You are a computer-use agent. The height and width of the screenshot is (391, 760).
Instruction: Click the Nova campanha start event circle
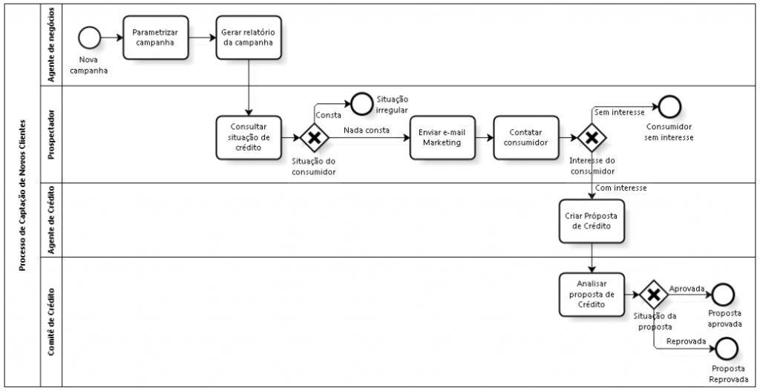tap(89, 38)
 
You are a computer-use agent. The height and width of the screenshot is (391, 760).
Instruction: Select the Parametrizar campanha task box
tap(156, 38)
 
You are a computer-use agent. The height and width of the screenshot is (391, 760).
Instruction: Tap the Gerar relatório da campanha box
tap(249, 38)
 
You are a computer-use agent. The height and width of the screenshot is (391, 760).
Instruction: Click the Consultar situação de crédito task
tap(249, 137)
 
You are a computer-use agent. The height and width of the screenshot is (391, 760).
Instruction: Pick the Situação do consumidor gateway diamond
tap(315, 137)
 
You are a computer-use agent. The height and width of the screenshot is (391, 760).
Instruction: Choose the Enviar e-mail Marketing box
tap(442, 137)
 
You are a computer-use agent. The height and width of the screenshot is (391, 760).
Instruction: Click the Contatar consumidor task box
tap(526, 137)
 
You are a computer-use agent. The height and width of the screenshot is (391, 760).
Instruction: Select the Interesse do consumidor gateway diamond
tap(592, 137)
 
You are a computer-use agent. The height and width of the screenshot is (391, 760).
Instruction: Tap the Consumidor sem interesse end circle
tap(670, 107)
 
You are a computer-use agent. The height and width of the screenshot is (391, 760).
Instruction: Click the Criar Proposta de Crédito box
tap(592, 221)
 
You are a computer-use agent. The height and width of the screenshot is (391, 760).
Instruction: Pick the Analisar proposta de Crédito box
tap(592, 295)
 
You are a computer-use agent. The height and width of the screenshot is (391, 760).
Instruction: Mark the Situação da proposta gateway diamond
tap(654, 295)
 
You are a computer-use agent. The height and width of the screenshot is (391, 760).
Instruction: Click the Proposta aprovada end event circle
tap(723, 295)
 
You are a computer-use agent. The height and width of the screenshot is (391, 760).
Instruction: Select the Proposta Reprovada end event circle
tap(727, 349)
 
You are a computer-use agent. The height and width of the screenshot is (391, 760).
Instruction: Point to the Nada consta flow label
tap(367, 131)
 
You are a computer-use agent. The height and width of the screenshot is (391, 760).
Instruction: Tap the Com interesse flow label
tap(621, 188)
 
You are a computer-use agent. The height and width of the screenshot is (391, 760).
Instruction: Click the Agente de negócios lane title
tap(52, 45)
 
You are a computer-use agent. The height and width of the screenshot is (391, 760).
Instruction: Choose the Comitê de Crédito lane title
tap(52, 322)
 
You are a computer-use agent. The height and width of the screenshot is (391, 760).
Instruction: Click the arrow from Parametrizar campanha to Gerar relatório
tap(202, 38)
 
